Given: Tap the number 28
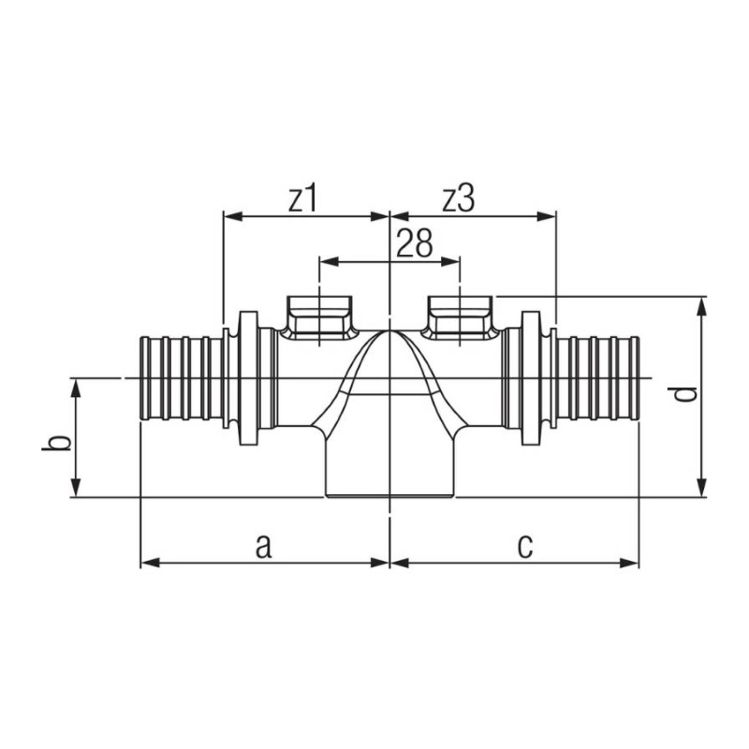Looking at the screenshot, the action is pyautogui.click(x=414, y=243).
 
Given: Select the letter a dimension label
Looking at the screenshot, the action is pyautogui.click(x=264, y=546).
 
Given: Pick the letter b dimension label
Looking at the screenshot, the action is pyautogui.click(x=56, y=442).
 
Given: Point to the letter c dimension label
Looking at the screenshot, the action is pyautogui.click(x=525, y=547).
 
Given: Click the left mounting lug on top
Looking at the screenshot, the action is pyautogui.click(x=319, y=317).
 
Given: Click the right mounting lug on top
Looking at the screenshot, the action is pyautogui.click(x=460, y=317).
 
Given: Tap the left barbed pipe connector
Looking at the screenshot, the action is pyautogui.click(x=182, y=378).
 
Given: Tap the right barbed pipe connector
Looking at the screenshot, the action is pyautogui.click(x=597, y=378).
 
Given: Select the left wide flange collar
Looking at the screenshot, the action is pyautogui.click(x=248, y=378).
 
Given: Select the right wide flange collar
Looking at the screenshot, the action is pyautogui.click(x=530, y=378).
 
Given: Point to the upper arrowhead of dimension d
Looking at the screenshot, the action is pyautogui.click(x=701, y=306).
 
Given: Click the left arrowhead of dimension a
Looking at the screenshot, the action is pyautogui.click(x=150, y=563).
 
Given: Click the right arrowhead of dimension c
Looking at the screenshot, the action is pyautogui.click(x=629, y=563).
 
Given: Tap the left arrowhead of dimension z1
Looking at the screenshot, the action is pyautogui.click(x=233, y=216).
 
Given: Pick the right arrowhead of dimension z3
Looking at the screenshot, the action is pyautogui.click(x=547, y=216).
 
